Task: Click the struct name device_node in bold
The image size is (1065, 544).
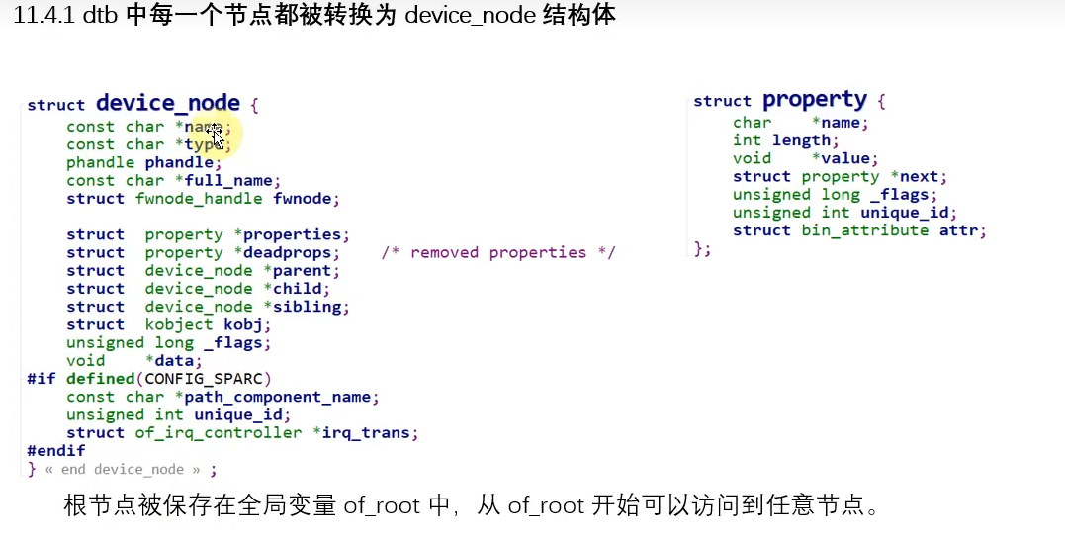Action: (x=167, y=103)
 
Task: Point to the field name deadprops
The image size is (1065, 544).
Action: (x=297, y=252)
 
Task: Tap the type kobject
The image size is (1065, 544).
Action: (x=178, y=324)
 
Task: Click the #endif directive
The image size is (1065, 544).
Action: (x=56, y=450)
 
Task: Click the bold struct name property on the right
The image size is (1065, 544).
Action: (x=814, y=100)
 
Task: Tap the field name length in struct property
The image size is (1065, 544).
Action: (x=801, y=140)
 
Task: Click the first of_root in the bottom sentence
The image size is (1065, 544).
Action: (x=384, y=506)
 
